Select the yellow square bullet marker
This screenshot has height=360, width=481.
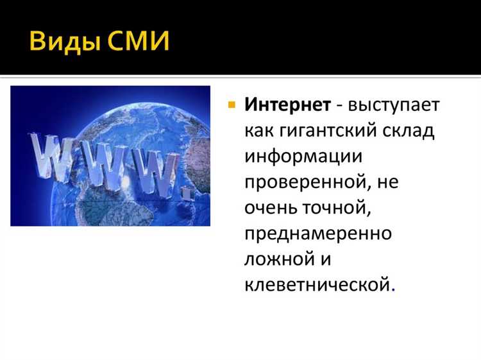point(232,105)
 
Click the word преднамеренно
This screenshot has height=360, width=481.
point(317,233)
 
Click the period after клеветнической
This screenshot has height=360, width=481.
point(392,289)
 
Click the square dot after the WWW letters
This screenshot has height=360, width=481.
point(187,191)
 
